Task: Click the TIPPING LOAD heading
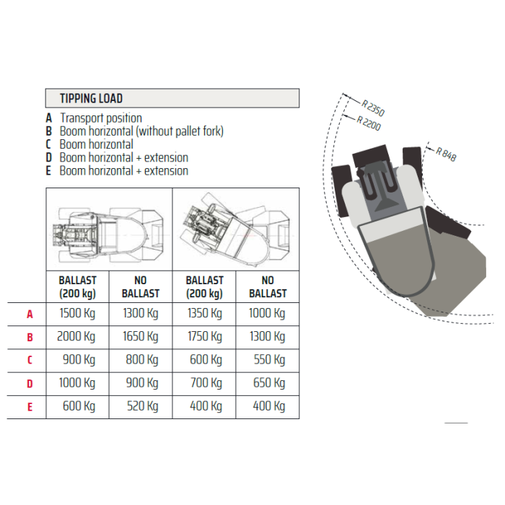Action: pos(91,98)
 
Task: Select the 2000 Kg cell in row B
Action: pos(76,337)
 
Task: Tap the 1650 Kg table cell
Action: pos(141,337)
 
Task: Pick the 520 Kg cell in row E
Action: pos(142,406)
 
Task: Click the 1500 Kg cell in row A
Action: pos(77,313)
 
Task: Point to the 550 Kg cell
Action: pos(269,360)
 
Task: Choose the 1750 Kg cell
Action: pos(205,337)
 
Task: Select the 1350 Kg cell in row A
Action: pos(205,313)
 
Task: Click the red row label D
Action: pos(30,384)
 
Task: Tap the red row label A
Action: pos(30,314)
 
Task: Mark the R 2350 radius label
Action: pos(373,108)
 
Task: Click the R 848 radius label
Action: pos(446,154)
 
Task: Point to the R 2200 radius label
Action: pos(369,123)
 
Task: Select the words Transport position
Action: pos(101,118)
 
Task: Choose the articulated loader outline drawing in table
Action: pos(236,230)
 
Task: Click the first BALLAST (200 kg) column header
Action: pos(77,287)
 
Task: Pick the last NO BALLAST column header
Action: pos(268,287)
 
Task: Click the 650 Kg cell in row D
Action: pos(269,383)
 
